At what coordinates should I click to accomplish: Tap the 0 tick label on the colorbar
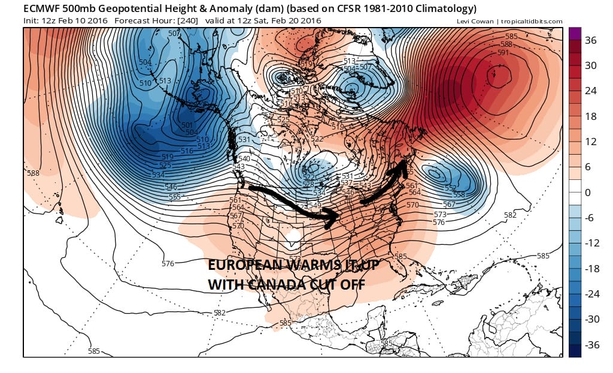588,192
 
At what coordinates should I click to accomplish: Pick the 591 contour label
503,52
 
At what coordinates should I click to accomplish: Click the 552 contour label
451,188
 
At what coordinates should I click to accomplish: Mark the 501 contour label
187,125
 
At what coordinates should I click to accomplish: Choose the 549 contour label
315,206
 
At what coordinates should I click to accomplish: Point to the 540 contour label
245,158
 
